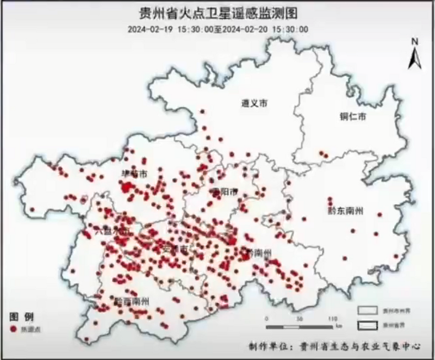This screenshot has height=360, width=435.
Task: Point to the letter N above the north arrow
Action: click(x=414, y=41)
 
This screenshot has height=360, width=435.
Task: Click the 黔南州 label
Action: click(x=259, y=253)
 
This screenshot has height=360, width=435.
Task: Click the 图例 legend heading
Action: click(x=22, y=317)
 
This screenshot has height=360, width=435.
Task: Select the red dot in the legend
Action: click(x=12, y=329)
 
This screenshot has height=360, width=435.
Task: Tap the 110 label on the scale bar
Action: click(x=332, y=319)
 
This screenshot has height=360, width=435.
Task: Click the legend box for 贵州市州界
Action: click(x=367, y=309)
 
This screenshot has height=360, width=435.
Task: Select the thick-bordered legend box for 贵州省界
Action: click(x=367, y=324)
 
